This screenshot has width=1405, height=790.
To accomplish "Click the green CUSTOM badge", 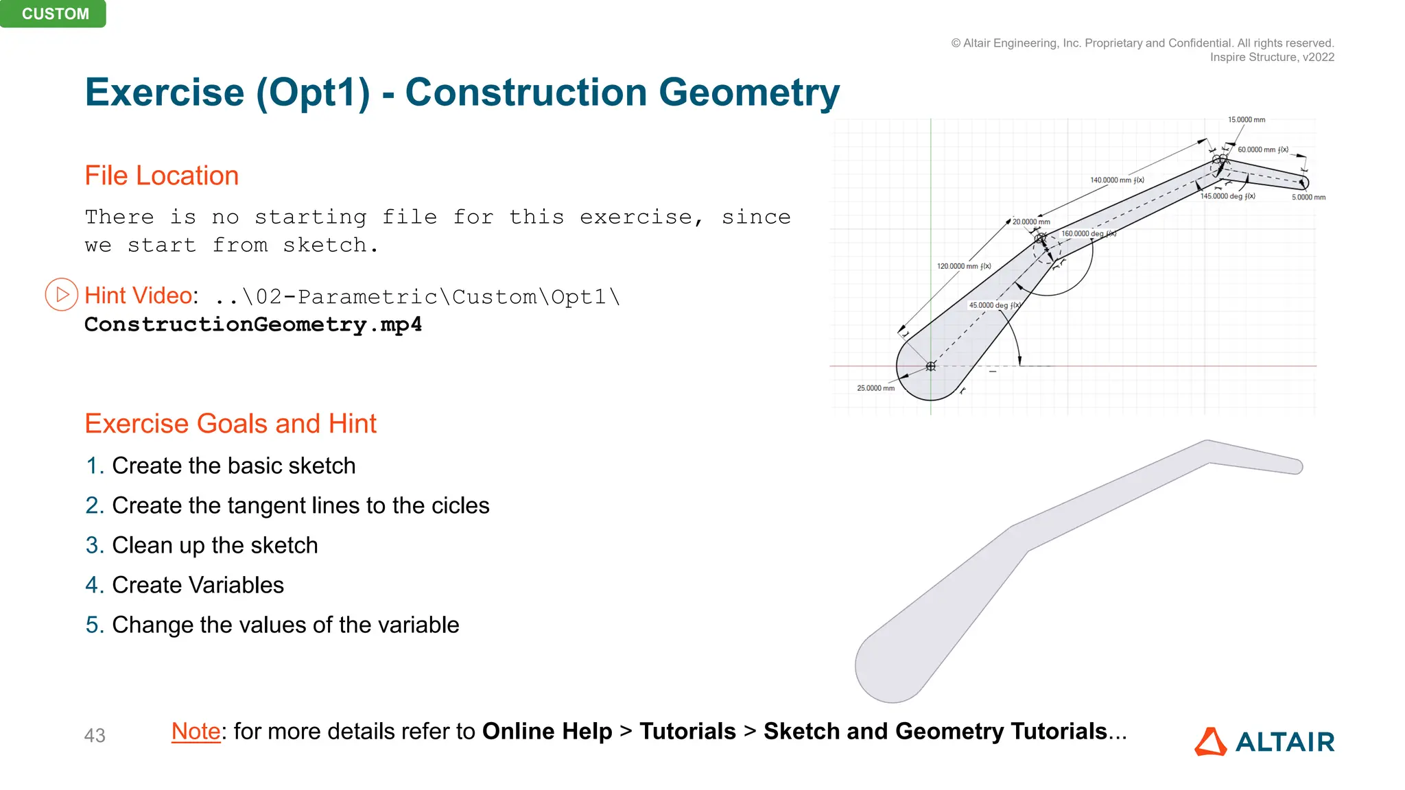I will click(54, 14).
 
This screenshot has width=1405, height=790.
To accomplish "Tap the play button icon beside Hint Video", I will click(62, 295).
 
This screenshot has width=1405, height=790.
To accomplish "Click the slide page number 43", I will click(95, 736).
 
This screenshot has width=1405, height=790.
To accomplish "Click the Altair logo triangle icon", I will click(1210, 742).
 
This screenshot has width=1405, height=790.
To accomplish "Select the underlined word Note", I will click(196, 732).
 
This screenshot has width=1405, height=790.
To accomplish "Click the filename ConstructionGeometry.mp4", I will click(252, 324).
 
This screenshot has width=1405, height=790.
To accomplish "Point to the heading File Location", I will click(161, 176).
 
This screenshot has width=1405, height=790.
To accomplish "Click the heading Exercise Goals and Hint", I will click(231, 424).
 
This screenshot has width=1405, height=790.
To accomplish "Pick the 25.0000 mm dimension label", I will click(875, 388).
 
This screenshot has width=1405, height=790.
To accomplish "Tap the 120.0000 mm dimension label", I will click(963, 266).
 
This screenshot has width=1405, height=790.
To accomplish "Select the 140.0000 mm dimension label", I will click(1116, 180).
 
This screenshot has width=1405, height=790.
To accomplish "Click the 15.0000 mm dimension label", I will click(1246, 120).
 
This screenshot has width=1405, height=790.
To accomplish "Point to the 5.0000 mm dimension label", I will click(1308, 197).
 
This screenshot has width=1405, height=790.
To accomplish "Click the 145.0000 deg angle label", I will click(1227, 196).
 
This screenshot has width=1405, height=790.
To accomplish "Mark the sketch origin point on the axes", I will click(930, 366).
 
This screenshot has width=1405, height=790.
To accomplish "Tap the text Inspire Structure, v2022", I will click(1271, 58).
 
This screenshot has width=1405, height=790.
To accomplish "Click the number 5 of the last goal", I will click(93, 625).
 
